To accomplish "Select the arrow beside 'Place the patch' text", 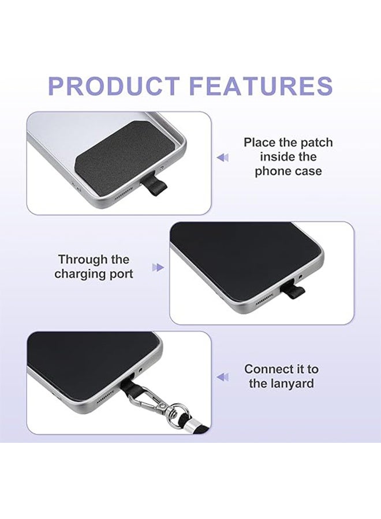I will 222,157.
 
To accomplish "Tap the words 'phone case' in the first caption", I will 288,171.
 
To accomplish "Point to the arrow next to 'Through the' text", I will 158,267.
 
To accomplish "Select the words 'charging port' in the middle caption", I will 94,274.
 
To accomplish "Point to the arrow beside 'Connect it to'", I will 222,377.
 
